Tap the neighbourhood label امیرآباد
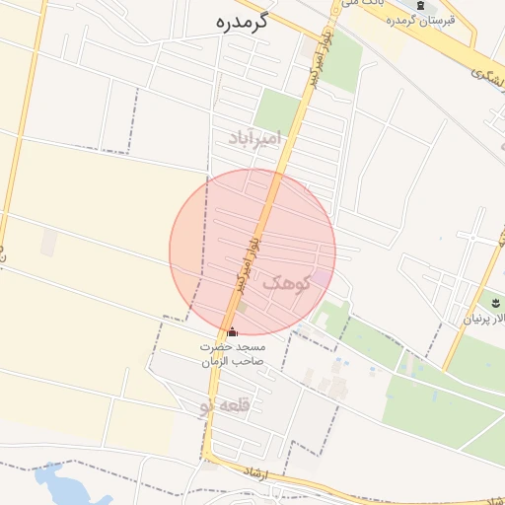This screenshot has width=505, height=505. tap(254, 136)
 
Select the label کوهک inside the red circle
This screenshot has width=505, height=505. tap(286, 283)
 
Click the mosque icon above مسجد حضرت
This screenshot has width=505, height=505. tap(233, 332)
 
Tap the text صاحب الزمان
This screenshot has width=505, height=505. tap(235, 361)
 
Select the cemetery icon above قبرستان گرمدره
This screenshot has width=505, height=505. tap(422, 5)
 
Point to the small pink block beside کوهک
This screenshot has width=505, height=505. tap(322, 279)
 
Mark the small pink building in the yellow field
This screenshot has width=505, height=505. tap(48, 243)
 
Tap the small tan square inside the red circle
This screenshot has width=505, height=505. tap(242, 308)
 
